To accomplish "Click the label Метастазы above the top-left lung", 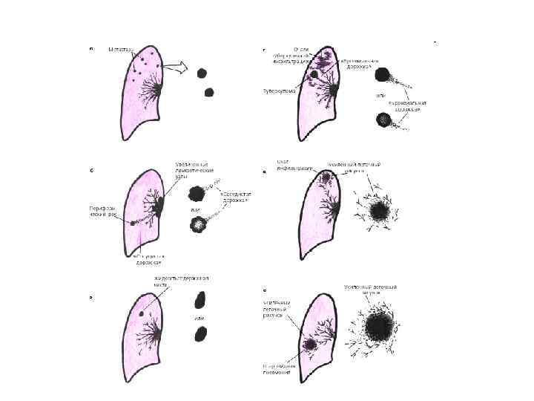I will coord(120,49).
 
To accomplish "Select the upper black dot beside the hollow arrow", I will coord(202,73).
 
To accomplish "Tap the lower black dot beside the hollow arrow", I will coord(209,92).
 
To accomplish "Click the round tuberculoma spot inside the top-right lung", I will coord(316,74).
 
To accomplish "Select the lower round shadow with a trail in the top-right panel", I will coord(383,119).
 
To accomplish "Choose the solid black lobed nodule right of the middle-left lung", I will coord(196,194).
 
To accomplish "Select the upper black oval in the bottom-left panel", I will coord(200,300).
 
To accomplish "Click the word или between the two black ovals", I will coord(200,319).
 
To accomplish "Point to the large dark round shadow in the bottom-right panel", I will coord(380,326).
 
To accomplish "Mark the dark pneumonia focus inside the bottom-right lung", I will coord(309,346).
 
